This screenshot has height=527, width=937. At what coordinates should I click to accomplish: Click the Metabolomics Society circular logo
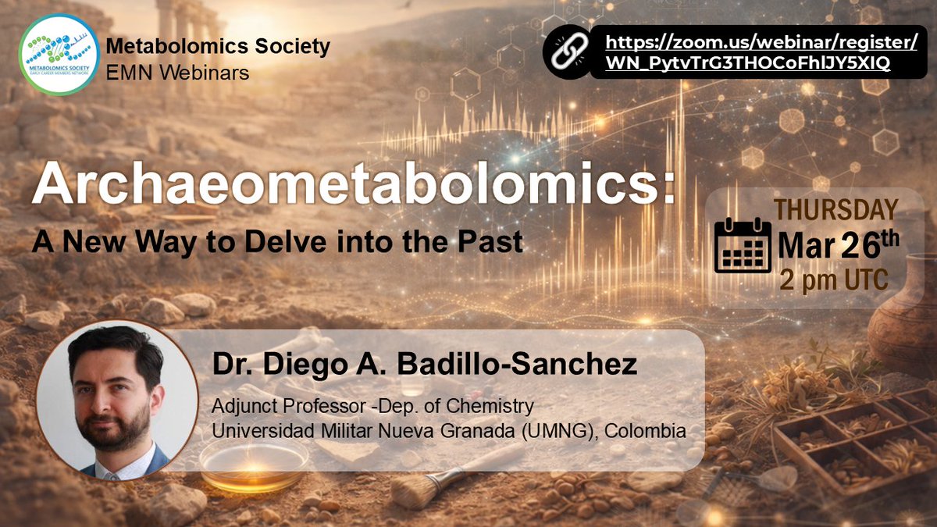point(59,55)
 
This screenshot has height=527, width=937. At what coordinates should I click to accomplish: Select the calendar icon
point(743,245)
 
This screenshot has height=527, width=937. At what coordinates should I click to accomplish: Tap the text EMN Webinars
point(177,73)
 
